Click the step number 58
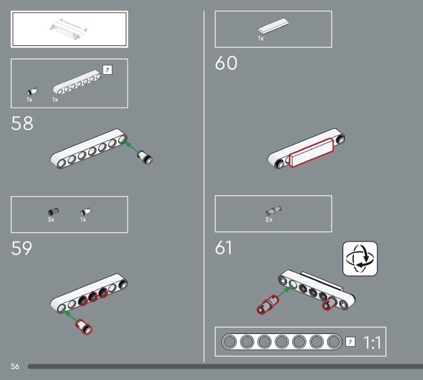click(22, 123)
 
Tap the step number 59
click(22, 248)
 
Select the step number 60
click(226, 63)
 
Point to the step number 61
click(223, 248)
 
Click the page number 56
click(15, 366)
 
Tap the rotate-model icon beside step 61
click(360, 259)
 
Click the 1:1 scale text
click(372, 343)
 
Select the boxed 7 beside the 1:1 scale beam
click(350, 342)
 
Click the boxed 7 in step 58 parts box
click(108, 70)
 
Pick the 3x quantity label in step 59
click(51, 219)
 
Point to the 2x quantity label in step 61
click(269, 219)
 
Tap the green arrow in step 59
click(70, 315)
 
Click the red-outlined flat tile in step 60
click(311, 153)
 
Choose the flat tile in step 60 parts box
click(273, 26)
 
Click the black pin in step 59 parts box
click(53, 211)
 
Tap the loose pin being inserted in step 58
click(145, 157)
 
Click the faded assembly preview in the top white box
click(68, 29)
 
